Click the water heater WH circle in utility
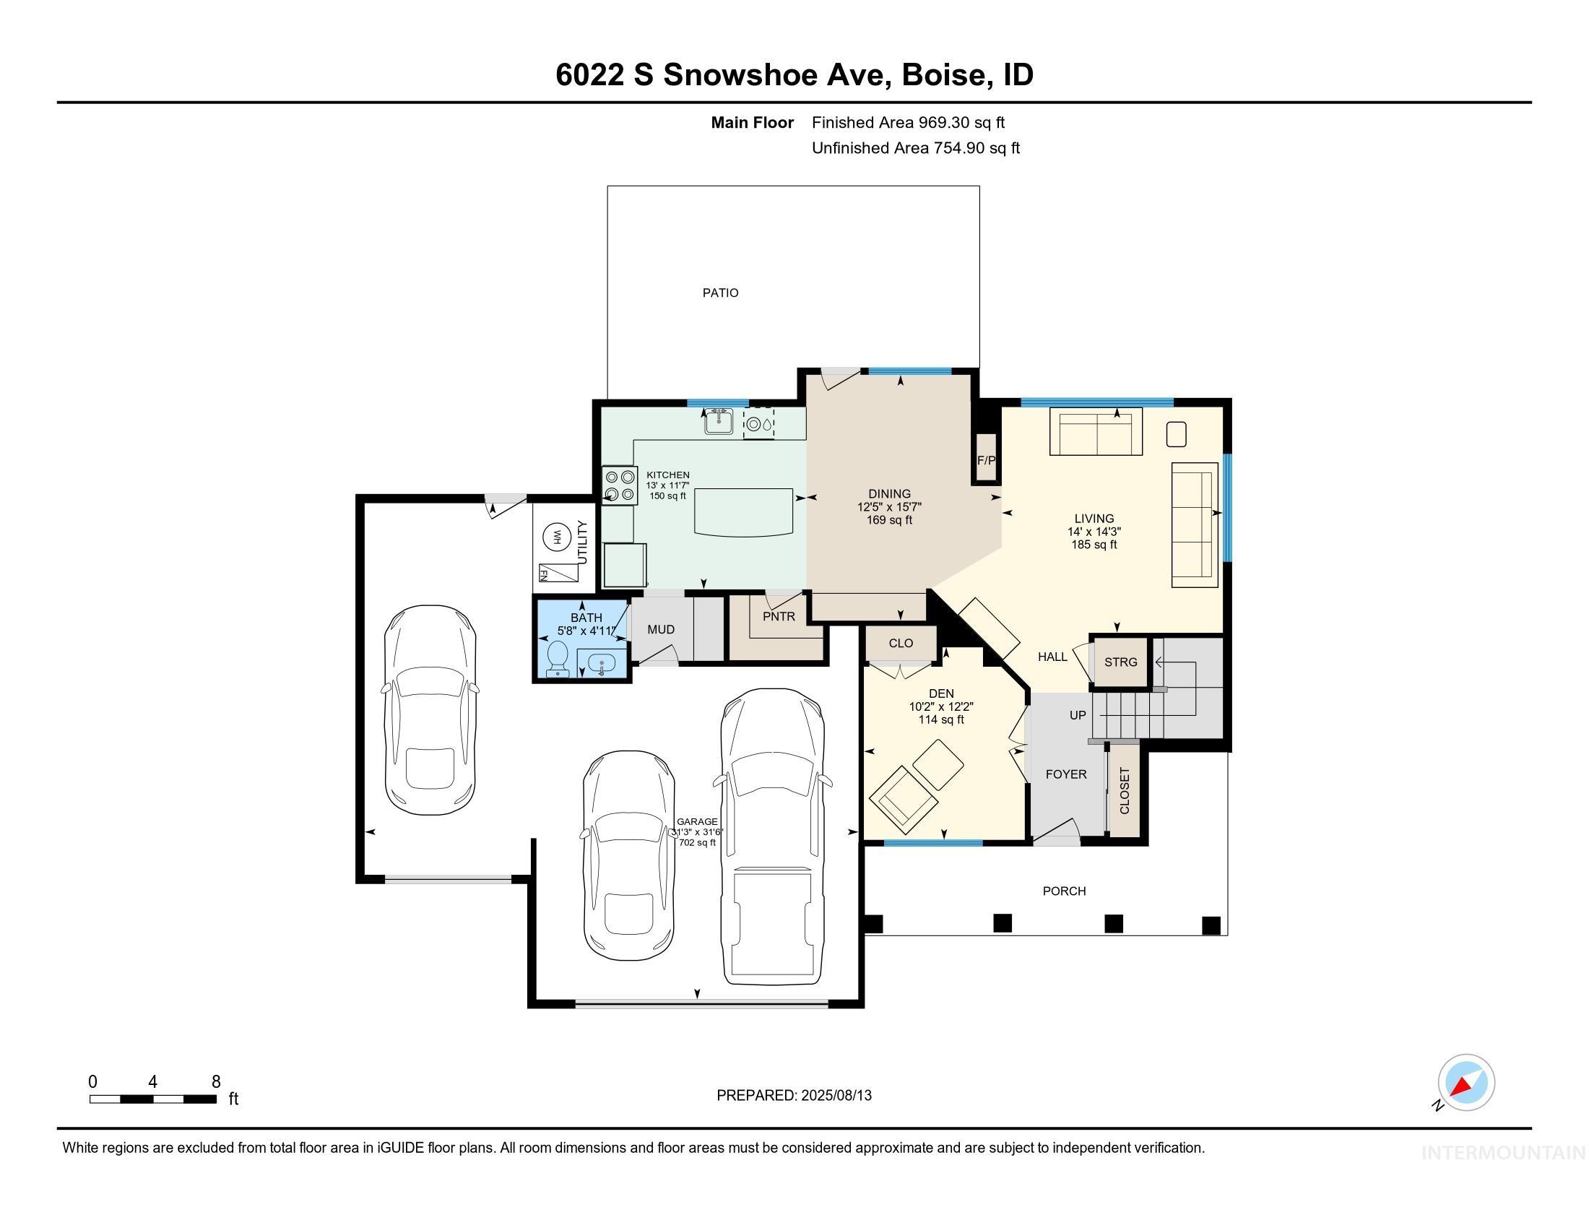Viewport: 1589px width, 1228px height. (x=558, y=537)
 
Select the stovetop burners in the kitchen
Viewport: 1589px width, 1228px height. (x=620, y=485)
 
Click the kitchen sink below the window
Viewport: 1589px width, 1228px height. (x=719, y=422)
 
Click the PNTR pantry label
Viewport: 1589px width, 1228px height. (x=779, y=616)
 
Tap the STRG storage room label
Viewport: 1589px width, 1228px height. (x=1120, y=662)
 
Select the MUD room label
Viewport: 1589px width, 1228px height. (x=661, y=629)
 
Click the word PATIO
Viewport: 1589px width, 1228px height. (x=720, y=293)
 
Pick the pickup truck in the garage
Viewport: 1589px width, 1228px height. (x=773, y=836)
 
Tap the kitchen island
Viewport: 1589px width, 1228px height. (x=742, y=511)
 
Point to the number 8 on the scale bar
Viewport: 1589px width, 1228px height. (x=216, y=1082)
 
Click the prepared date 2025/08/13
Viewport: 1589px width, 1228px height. (x=835, y=1096)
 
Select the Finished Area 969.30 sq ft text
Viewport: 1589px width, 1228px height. (x=908, y=122)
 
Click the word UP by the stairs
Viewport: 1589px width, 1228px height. (x=1078, y=715)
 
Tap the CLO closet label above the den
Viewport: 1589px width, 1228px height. (x=901, y=643)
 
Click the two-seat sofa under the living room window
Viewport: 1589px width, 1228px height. (x=1096, y=432)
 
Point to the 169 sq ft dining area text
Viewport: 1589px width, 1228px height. (x=889, y=520)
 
